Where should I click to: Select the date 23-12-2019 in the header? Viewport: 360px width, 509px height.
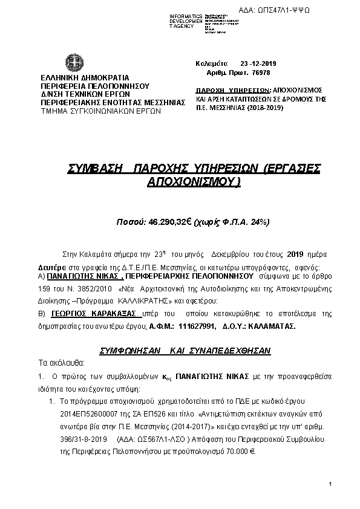(259, 63)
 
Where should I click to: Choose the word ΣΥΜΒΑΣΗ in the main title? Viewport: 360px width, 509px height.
(96, 169)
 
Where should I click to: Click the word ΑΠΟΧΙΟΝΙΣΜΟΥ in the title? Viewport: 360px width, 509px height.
(194, 181)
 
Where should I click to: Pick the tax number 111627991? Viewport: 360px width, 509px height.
(197, 326)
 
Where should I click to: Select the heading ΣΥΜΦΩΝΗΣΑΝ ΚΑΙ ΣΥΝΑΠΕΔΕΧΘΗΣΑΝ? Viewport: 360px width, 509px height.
(185, 351)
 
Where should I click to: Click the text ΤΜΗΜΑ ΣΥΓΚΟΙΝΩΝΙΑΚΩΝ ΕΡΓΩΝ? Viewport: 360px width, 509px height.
(100, 111)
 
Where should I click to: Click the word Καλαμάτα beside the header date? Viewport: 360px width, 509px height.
(212, 63)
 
